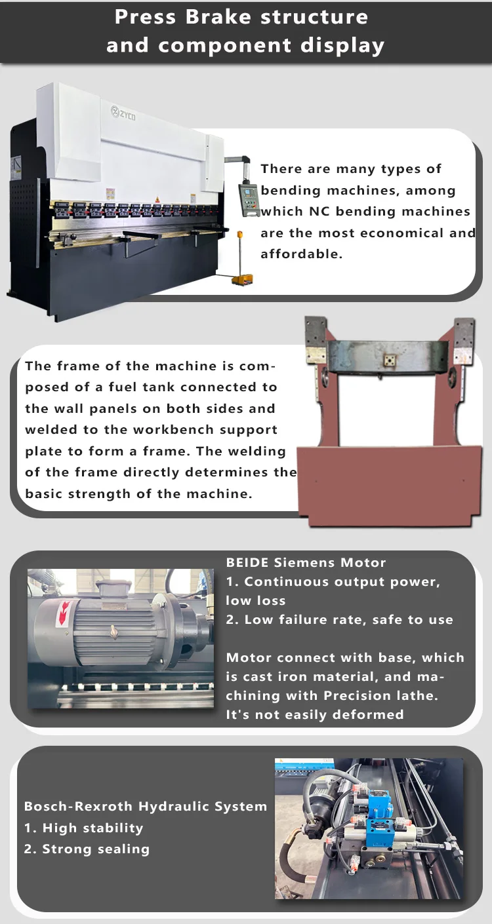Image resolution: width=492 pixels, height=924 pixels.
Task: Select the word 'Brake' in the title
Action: (x=220, y=17)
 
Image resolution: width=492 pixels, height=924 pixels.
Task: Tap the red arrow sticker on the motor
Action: (x=65, y=613)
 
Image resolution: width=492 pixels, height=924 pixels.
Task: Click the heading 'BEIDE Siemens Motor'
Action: (x=306, y=562)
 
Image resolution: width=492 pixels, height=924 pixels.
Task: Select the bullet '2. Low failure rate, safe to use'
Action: (x=339, y=619)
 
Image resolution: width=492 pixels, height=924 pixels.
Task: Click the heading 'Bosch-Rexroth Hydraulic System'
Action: (x=146, y=806)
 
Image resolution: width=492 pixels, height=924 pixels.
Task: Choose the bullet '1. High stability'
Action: (x=83, y=828)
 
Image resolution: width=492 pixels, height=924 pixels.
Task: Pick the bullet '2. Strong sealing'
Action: (x=87, y=849)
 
